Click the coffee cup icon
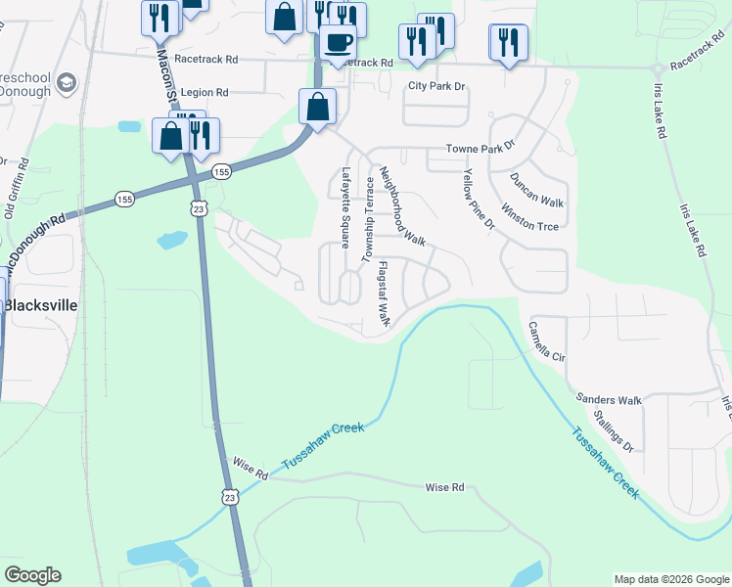tap(339, 44)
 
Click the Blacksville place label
tap(40, 303)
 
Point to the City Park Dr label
tap(435, 86)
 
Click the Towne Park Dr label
tap(480, 149)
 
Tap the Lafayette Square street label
tap(345, 207)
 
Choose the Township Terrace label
tap(370, 220)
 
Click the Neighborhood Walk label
tap(402, 205)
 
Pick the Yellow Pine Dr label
tap(480, 199)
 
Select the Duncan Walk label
tap(537, 190)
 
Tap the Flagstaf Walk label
tap(385, 293)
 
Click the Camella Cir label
tap(547, 341)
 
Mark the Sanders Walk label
tap(609, 399)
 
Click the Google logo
tap(32, 575)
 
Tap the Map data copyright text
tap(670, 579)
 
